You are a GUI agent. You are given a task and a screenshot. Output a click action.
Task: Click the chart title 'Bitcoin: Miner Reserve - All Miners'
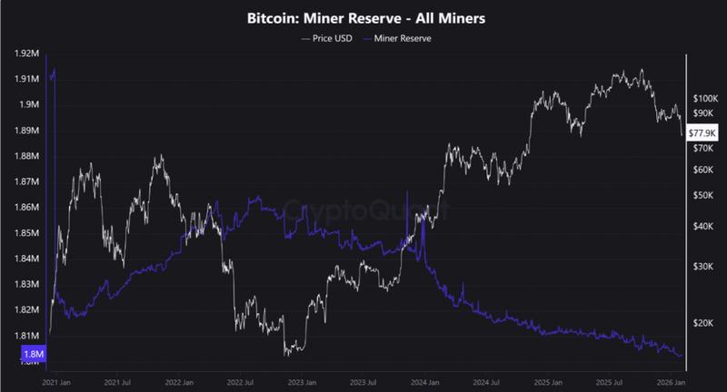click(x=363, y=17)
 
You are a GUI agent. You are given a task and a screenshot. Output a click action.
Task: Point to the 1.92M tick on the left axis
click(x=27, y=54)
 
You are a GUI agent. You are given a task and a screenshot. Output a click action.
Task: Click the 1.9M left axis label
click(x=30, y=104)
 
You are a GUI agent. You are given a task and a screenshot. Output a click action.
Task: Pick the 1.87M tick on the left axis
click(x=27, y=181)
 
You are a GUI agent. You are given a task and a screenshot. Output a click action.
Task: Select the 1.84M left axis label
click(x=27, y=259)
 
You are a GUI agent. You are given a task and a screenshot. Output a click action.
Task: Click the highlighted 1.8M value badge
click(x=29, y=353)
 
